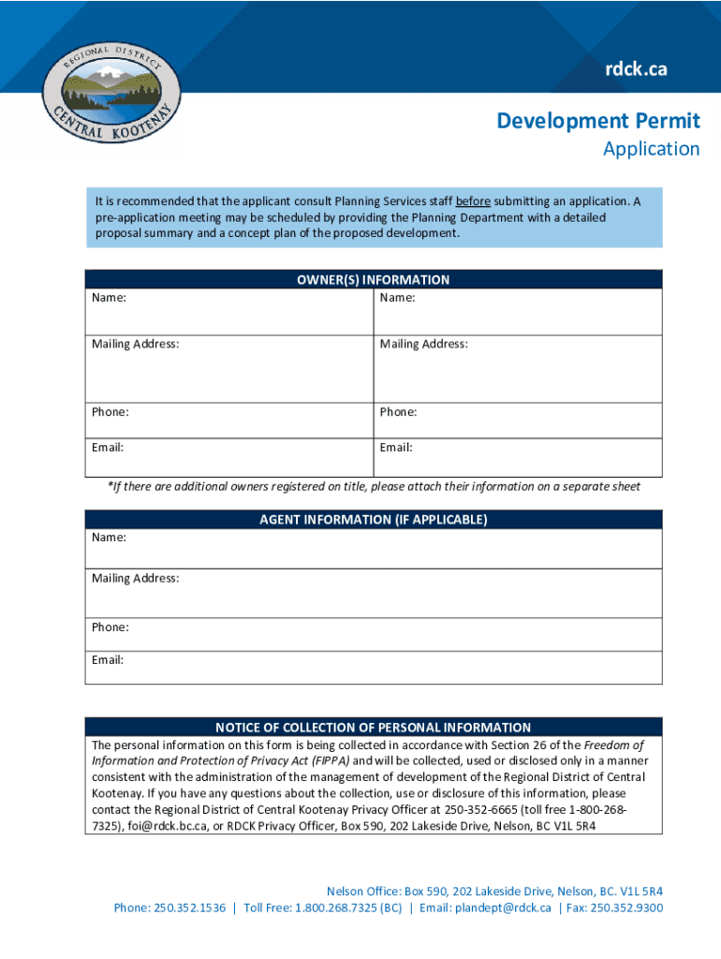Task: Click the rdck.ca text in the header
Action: tap(636, 68)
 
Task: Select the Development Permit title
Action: tap(597, 121)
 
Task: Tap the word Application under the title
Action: tap(651, 149)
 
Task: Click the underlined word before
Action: tap(473, 201)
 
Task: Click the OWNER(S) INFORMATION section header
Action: tap(374, 279)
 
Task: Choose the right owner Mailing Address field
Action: tap(518, 370)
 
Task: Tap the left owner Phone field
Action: tap(229, 421)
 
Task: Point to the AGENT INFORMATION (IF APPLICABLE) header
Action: tap(374, 519)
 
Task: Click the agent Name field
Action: tap(374, 549)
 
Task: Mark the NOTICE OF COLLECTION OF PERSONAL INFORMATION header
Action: tap(374, 728)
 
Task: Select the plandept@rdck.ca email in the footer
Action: tap(503, 907)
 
